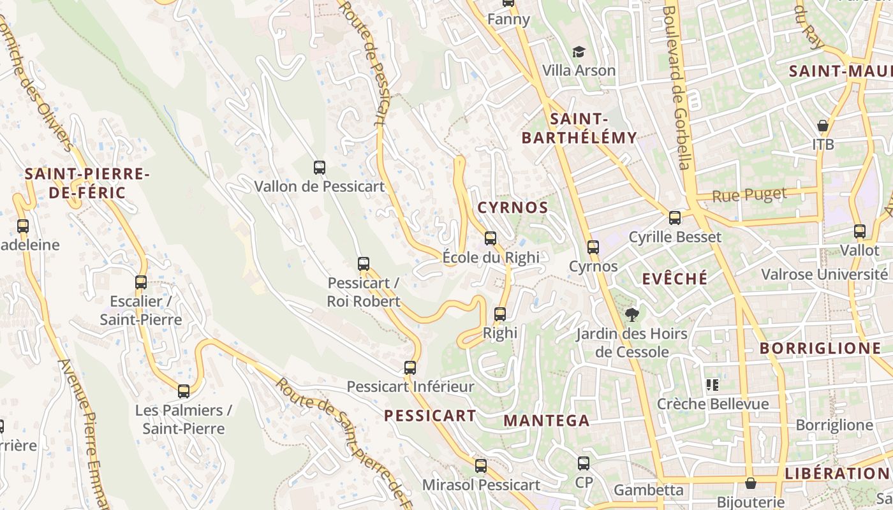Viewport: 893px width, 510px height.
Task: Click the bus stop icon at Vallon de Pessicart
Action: tap(320, 168)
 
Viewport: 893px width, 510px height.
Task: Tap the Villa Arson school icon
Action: tap(579, 52)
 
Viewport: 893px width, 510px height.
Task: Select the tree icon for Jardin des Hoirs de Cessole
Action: tap(632, 314)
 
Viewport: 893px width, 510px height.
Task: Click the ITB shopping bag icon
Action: tap(823, 126)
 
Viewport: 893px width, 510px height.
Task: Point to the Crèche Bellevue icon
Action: tap(712, 384)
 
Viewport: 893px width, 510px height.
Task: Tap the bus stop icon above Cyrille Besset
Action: tap(675, 218)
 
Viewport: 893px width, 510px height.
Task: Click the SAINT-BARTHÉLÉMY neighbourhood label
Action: tap(579, 128)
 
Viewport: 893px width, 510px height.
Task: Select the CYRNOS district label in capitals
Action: tap(513, 208)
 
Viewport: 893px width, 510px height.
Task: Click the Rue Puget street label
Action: tap(749, 195)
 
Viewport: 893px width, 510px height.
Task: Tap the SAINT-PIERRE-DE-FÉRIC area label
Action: tap(87, 183)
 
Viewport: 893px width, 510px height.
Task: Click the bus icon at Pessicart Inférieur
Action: tap(410, 368)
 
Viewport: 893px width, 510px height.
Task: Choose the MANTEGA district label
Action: tap(547, 421)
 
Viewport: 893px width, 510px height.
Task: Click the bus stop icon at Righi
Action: tap(500, 314)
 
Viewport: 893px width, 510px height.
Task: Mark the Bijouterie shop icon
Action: tap(751, 483)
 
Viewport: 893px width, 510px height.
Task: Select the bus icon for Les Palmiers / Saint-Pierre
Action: tap(184, 391)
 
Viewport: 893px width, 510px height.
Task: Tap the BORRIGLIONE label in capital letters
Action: tap(820, 349)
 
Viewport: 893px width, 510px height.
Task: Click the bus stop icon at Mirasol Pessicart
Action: tap(481, 466)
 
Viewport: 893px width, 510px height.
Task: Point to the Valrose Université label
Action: tap(824, 275)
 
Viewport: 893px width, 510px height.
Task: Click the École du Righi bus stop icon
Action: tap(491, 238)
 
